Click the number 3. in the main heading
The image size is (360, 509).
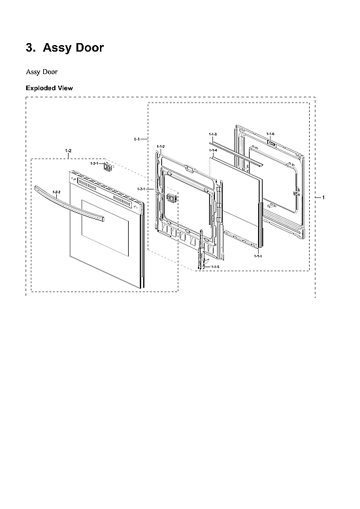(29, 48)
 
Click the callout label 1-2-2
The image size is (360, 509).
(56, 191)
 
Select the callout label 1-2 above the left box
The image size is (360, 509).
(69, 152)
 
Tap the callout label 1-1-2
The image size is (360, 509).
(161, 146)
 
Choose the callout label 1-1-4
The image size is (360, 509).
(213, 150)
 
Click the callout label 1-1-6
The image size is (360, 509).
(270, 134)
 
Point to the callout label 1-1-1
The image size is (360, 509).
(258, 256)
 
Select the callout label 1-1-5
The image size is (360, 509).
(215, 267)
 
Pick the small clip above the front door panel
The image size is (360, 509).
(109, 167)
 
